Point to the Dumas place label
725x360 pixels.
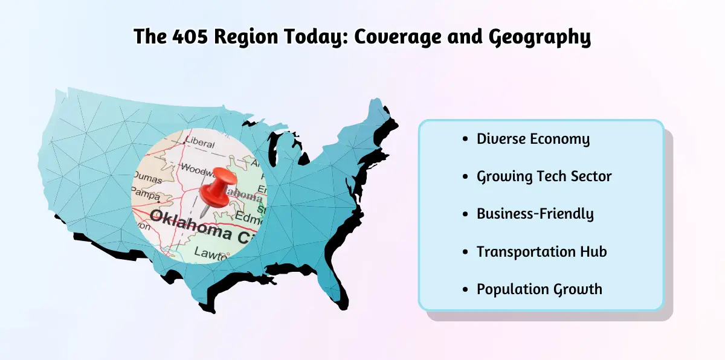(148, 179)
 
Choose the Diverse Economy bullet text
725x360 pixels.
(533, 139)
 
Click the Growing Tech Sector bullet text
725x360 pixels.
(544, 176)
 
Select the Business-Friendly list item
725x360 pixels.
(535, 214)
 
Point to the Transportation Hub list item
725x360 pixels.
(541, 251)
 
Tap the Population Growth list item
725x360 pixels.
(539, 289)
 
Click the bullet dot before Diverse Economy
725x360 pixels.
(464, 140)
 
